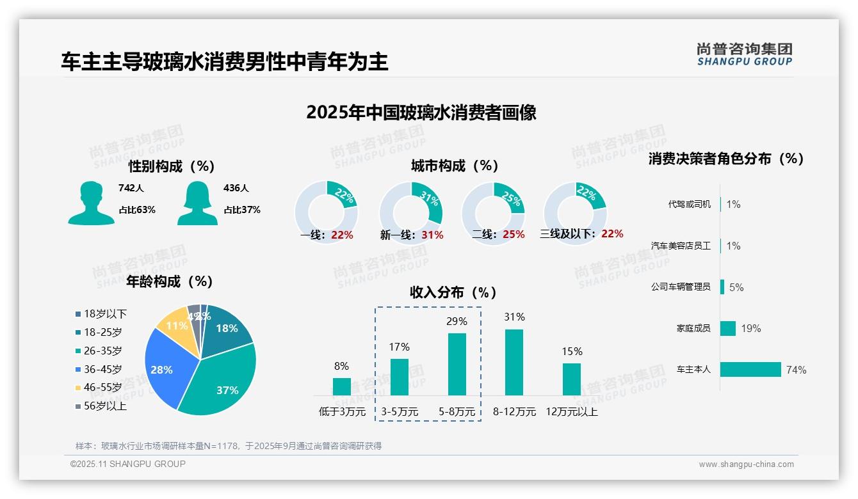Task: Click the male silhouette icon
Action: tap(91, 203)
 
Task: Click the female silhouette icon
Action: tap(197, 203)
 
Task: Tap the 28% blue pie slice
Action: tap(163, 369)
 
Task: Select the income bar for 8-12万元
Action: tap(514, 362)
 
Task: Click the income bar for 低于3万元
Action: tap(342, 386)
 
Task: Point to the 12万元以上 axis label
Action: tap(571, 412)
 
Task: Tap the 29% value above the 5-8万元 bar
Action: tap(457, 321)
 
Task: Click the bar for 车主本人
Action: tap(750, 370)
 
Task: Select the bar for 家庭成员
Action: tap(728, 328)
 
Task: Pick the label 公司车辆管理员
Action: tap(681, 287)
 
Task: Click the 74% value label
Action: tap(797, 370)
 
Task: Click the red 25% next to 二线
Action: tap(514, 235)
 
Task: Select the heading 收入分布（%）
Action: tap(453, 292)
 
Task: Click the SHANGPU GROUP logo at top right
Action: tap(744, 54)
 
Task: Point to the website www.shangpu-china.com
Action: tap(746, 464)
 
